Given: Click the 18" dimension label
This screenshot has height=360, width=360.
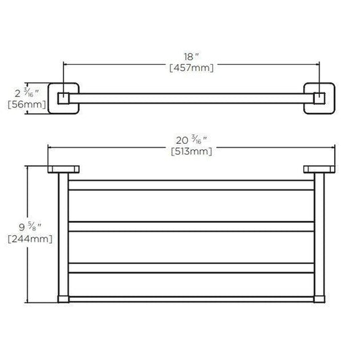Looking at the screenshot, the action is pyautogui.click(x=191, y=57).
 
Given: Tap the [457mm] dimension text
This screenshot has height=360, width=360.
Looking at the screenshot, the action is pyautogui.click(x=191, y=68).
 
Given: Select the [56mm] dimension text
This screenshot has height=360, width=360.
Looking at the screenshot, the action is pyautogui.click(x=27, y=105).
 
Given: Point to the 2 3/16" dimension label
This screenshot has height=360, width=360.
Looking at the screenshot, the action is pyautogui.click(x=27, y=93).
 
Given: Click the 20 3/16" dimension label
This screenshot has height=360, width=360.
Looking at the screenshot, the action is pyautogui.click(x=191, y=140).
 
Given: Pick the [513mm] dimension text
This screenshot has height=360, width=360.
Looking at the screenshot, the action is pyautogui.click(x=191, y=151).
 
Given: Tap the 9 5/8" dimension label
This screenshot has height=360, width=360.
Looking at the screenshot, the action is pyautogui.click(x=30, y=227).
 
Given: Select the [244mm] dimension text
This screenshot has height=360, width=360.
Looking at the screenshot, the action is pyautogui.click(x=30, y=239).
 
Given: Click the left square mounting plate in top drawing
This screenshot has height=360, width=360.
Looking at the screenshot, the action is pyautogui.click(x=63, y=98).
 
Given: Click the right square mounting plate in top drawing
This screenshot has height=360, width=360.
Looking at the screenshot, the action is pyautogui.click(x=319, y=98).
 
